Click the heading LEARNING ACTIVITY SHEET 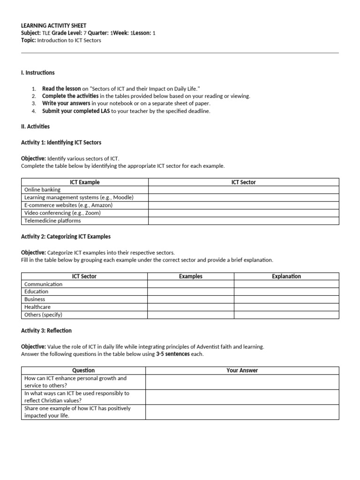pos(54,25)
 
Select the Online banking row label pos(43,190)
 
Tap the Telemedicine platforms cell pos(52,221)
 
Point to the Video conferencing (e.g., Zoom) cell pos(62,213)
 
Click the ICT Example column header pos(85,182)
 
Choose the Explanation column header pos(286,277)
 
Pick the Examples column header pos(191,277)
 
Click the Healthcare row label pos(37,307)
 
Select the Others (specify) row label pos(43,315)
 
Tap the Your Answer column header pos(242,370)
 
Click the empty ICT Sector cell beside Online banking pos(243,190)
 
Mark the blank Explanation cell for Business pos(286,299)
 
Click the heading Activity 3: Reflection pos(46,330)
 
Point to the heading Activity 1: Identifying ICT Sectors pos(61,142)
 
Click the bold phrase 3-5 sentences pos(173,354)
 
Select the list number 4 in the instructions pos(34,111)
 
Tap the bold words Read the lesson pos(61,88)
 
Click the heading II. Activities pos(35,127)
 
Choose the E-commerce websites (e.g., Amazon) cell pos(68,205)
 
